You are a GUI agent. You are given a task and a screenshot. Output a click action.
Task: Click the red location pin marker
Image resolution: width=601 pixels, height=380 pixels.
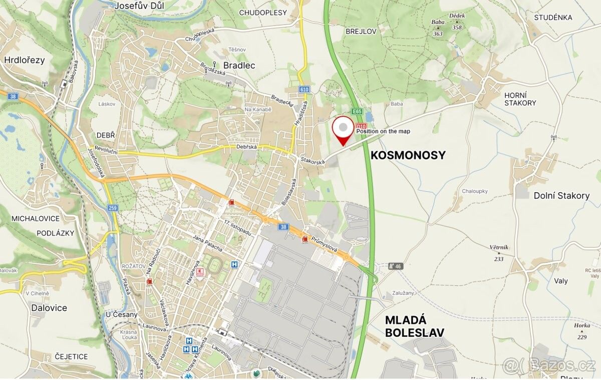click(x=343, y=129)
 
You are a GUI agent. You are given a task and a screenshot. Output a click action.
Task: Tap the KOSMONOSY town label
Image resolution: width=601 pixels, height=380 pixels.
click(x=408, y=155)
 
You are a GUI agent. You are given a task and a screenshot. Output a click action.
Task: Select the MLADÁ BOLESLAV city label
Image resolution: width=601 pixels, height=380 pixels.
click(x=414, y=326)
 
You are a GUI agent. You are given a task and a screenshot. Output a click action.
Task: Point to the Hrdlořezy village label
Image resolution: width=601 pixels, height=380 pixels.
click(x=24, y=60)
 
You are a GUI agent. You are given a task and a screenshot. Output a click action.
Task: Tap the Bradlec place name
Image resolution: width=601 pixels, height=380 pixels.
click(x=239, y=66)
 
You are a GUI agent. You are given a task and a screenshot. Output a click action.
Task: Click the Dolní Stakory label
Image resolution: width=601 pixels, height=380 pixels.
click(x=561, y=196)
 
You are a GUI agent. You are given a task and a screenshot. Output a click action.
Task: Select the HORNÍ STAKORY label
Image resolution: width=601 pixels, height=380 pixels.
click(x=520, y=99)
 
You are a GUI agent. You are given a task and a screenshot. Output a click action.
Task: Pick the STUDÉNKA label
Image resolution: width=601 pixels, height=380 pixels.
click(x=553, y=18)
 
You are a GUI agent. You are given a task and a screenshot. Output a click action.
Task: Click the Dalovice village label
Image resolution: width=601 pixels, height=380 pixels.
click(x=49, y=308)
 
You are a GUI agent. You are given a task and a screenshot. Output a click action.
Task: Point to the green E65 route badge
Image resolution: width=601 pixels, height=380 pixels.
click(x=357, y=112)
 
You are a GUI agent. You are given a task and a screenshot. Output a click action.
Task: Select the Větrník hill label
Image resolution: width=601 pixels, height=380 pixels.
click(x=499, y=247)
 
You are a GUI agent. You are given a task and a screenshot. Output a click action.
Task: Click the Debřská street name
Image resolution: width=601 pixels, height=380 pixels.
click(x=246, y=147)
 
